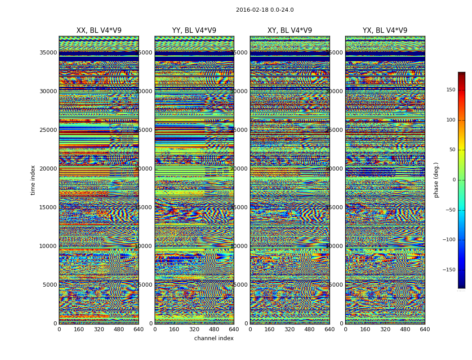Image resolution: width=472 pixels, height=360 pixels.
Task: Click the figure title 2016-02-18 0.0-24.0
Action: (265, 10)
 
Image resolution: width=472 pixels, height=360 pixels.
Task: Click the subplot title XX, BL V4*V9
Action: (99, 31)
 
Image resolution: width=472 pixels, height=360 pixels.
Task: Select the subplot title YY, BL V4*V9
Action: (194, 31)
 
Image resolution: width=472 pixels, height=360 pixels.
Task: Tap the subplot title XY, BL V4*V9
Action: (289, 31)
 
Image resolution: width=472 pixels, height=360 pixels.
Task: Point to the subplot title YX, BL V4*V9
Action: (385, 31)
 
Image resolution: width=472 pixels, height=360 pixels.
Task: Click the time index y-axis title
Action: (33, 180)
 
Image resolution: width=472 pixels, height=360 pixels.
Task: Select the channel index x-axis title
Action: (214, 338)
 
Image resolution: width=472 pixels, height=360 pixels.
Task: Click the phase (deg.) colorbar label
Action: (436, 180)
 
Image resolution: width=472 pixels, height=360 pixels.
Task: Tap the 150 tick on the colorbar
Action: (450, 90)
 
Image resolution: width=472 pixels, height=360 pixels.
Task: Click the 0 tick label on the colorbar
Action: (454, 180)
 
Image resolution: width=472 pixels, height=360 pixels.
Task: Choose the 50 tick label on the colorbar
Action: (452, 150)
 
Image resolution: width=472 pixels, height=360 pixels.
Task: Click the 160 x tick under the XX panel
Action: (79, 329)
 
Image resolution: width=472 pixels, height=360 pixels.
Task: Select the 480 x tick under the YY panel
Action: (214, 329)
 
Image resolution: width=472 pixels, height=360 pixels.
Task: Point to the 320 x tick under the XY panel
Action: (289, 329)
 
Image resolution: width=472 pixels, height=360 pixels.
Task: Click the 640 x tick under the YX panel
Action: (425, 329)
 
